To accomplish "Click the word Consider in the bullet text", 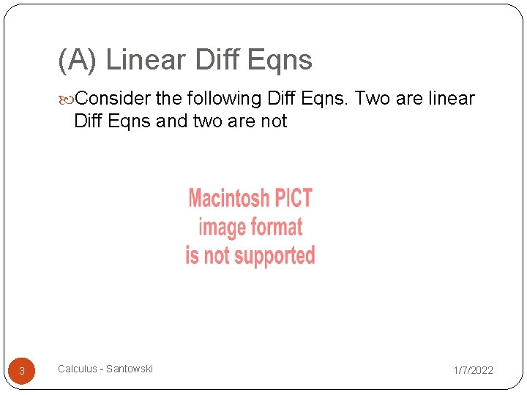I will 113,98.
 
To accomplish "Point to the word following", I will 226,99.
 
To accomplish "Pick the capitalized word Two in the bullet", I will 372,98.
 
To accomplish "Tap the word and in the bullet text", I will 172,121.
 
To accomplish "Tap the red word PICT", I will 293,198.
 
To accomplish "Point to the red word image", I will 222,227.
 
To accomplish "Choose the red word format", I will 277,227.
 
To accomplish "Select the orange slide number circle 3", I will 22,371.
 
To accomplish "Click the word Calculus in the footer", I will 77,369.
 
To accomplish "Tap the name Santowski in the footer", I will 130,369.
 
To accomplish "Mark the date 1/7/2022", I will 473,370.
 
